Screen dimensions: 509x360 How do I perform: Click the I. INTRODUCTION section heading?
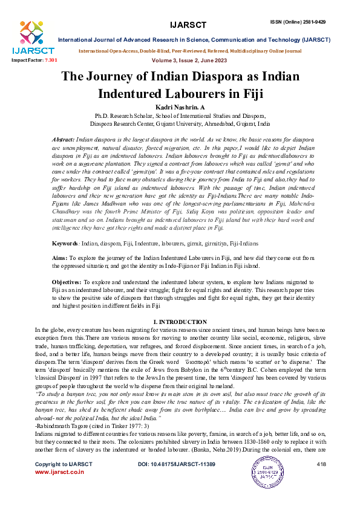180,322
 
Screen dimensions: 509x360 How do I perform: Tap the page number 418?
321,481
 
